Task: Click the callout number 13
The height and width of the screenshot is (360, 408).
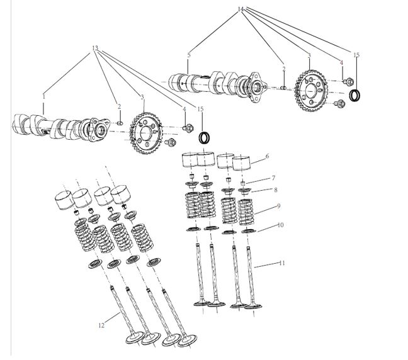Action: [x=95, y=48]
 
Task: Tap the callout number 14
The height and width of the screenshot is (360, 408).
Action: [x=241, y=9]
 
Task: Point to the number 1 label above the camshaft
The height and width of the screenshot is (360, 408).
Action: [x=44, y=97]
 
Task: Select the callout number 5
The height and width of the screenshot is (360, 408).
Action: [x=189, y=55]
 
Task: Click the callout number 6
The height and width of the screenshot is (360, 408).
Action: [x=267, y=156]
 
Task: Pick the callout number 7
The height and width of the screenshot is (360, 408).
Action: [x=273, y=178]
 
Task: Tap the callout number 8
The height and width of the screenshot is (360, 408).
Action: [x=276, y=190]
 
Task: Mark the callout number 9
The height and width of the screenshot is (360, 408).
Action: [x=279, y=206]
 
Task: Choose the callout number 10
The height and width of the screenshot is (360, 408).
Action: [x=280, y=225]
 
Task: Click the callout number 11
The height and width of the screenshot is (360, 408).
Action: [x=282, y=263]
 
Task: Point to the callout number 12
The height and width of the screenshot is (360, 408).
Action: [x=101, y=325]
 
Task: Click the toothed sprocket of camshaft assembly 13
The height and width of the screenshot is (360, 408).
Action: [x=146, y=133]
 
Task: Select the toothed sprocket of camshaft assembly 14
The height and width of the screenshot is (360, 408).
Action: [x=311, y=91]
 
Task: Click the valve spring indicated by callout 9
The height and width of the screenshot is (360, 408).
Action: [x=246, y=212]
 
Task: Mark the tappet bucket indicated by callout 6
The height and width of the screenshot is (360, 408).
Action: [x=241, y=163]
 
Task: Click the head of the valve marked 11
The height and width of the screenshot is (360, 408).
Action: [x=253, y=306]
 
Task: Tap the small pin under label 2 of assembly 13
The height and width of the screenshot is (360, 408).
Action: [x=120, y=123]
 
